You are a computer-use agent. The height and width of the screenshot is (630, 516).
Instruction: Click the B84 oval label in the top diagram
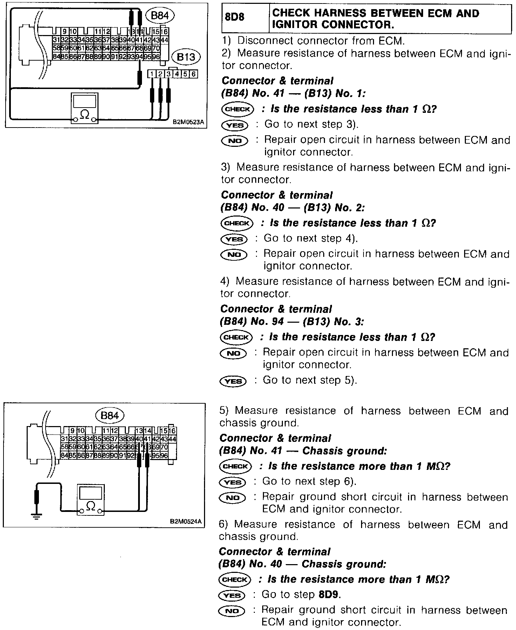[x=161, y=16]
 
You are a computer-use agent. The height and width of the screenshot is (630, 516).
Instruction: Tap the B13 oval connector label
[x=186, y=57]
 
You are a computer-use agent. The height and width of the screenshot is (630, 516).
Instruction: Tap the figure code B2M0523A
[x=188, y=123]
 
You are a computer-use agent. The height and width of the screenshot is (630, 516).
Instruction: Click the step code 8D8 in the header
[x=235, y=16]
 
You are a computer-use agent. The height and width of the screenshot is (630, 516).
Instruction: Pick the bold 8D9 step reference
[x=330, y=595]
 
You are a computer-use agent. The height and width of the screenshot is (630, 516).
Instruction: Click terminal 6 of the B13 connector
[x=193, y=74]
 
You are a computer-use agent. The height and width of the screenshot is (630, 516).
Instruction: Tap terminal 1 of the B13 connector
[x=151, y=74]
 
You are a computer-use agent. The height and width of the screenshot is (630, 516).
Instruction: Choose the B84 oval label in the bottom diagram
[x=110, y=416]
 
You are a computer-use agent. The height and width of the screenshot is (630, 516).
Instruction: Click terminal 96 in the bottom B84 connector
[x=164, y=456]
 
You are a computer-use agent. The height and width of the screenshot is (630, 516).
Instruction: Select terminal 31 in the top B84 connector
[x=56, y=40]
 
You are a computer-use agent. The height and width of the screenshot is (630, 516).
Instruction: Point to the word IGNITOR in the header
[x=293, y=25]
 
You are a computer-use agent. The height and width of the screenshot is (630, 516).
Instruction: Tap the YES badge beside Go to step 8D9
[x=232, y=595]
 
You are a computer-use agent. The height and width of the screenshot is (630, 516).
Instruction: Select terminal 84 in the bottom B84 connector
[x=64, y=456]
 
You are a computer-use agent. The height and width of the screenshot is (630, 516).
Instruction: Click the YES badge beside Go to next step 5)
[x=233, y=381]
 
